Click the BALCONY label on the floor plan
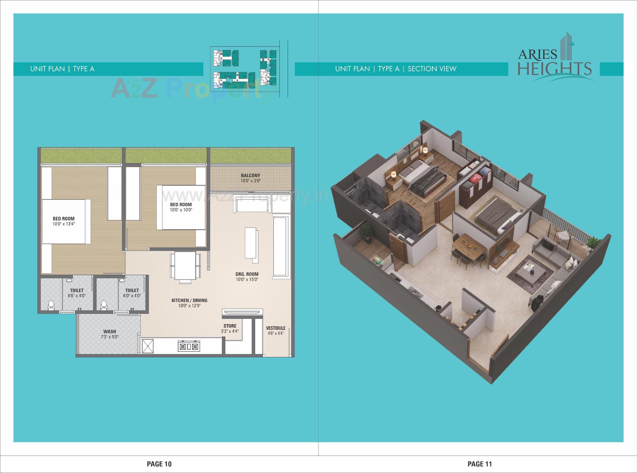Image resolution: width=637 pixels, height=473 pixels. [250, 175]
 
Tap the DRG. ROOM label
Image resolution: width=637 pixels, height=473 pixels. [247, 274]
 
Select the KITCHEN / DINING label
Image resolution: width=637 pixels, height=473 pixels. [189, 300]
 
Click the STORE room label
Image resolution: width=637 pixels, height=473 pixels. [230, 326]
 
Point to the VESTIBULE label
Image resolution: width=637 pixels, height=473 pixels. [275, 328]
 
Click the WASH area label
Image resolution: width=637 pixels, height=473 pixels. [109, 331]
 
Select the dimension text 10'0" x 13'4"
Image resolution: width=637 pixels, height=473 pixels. [64, 224]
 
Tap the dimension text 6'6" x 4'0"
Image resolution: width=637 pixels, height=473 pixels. [77, 296]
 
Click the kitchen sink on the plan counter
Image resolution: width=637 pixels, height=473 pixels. [148, 346]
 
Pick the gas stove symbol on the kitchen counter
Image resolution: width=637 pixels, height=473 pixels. [188, 347]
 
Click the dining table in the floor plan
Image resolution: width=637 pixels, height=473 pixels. [185, 266]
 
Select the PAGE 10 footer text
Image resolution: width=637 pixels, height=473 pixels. [159, 464]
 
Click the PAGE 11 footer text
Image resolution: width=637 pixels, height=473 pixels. [480, 464]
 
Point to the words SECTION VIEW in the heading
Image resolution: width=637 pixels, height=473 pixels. [432, 69]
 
